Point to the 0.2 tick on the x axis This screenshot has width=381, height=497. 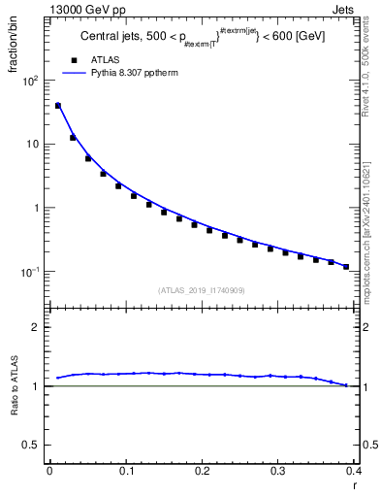point(202,471)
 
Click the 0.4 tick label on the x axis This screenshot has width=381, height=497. point(353,471)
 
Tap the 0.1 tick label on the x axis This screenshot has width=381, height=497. point(125,471)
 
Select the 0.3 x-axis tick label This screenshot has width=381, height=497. point(277,471)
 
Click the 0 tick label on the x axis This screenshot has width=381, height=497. point(49,471)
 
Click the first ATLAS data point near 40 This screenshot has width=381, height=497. point(57,106)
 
